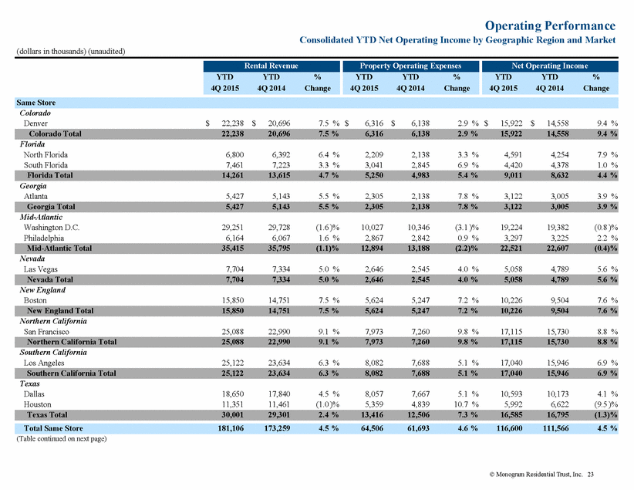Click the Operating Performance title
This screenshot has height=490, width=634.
tap(550, 25)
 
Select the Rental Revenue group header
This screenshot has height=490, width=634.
tap(271, 66)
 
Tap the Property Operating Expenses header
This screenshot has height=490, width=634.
tap(410, 66)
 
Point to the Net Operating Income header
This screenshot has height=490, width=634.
tap(549, 66)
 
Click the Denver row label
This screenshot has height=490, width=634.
tap(35, 123)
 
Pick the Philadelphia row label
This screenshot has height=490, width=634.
tap(44, 238)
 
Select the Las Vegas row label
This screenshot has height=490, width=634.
tap(40, 269)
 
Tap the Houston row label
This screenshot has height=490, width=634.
tap(37, 404)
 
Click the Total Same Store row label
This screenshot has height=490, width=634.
tap(53, 428)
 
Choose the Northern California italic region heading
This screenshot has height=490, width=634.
tap(53, 321)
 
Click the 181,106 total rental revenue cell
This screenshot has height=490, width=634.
tap(231, 428)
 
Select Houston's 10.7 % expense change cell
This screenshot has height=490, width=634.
tap(467, 404)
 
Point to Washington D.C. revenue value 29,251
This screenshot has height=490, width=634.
tap(232, 228)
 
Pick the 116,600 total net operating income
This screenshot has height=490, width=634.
tap(510, 428)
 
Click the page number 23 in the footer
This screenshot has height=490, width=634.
tap(590, 475)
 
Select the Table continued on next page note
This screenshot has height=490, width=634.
tap(62, 438)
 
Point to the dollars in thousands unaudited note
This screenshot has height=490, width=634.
tap(71, 52)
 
